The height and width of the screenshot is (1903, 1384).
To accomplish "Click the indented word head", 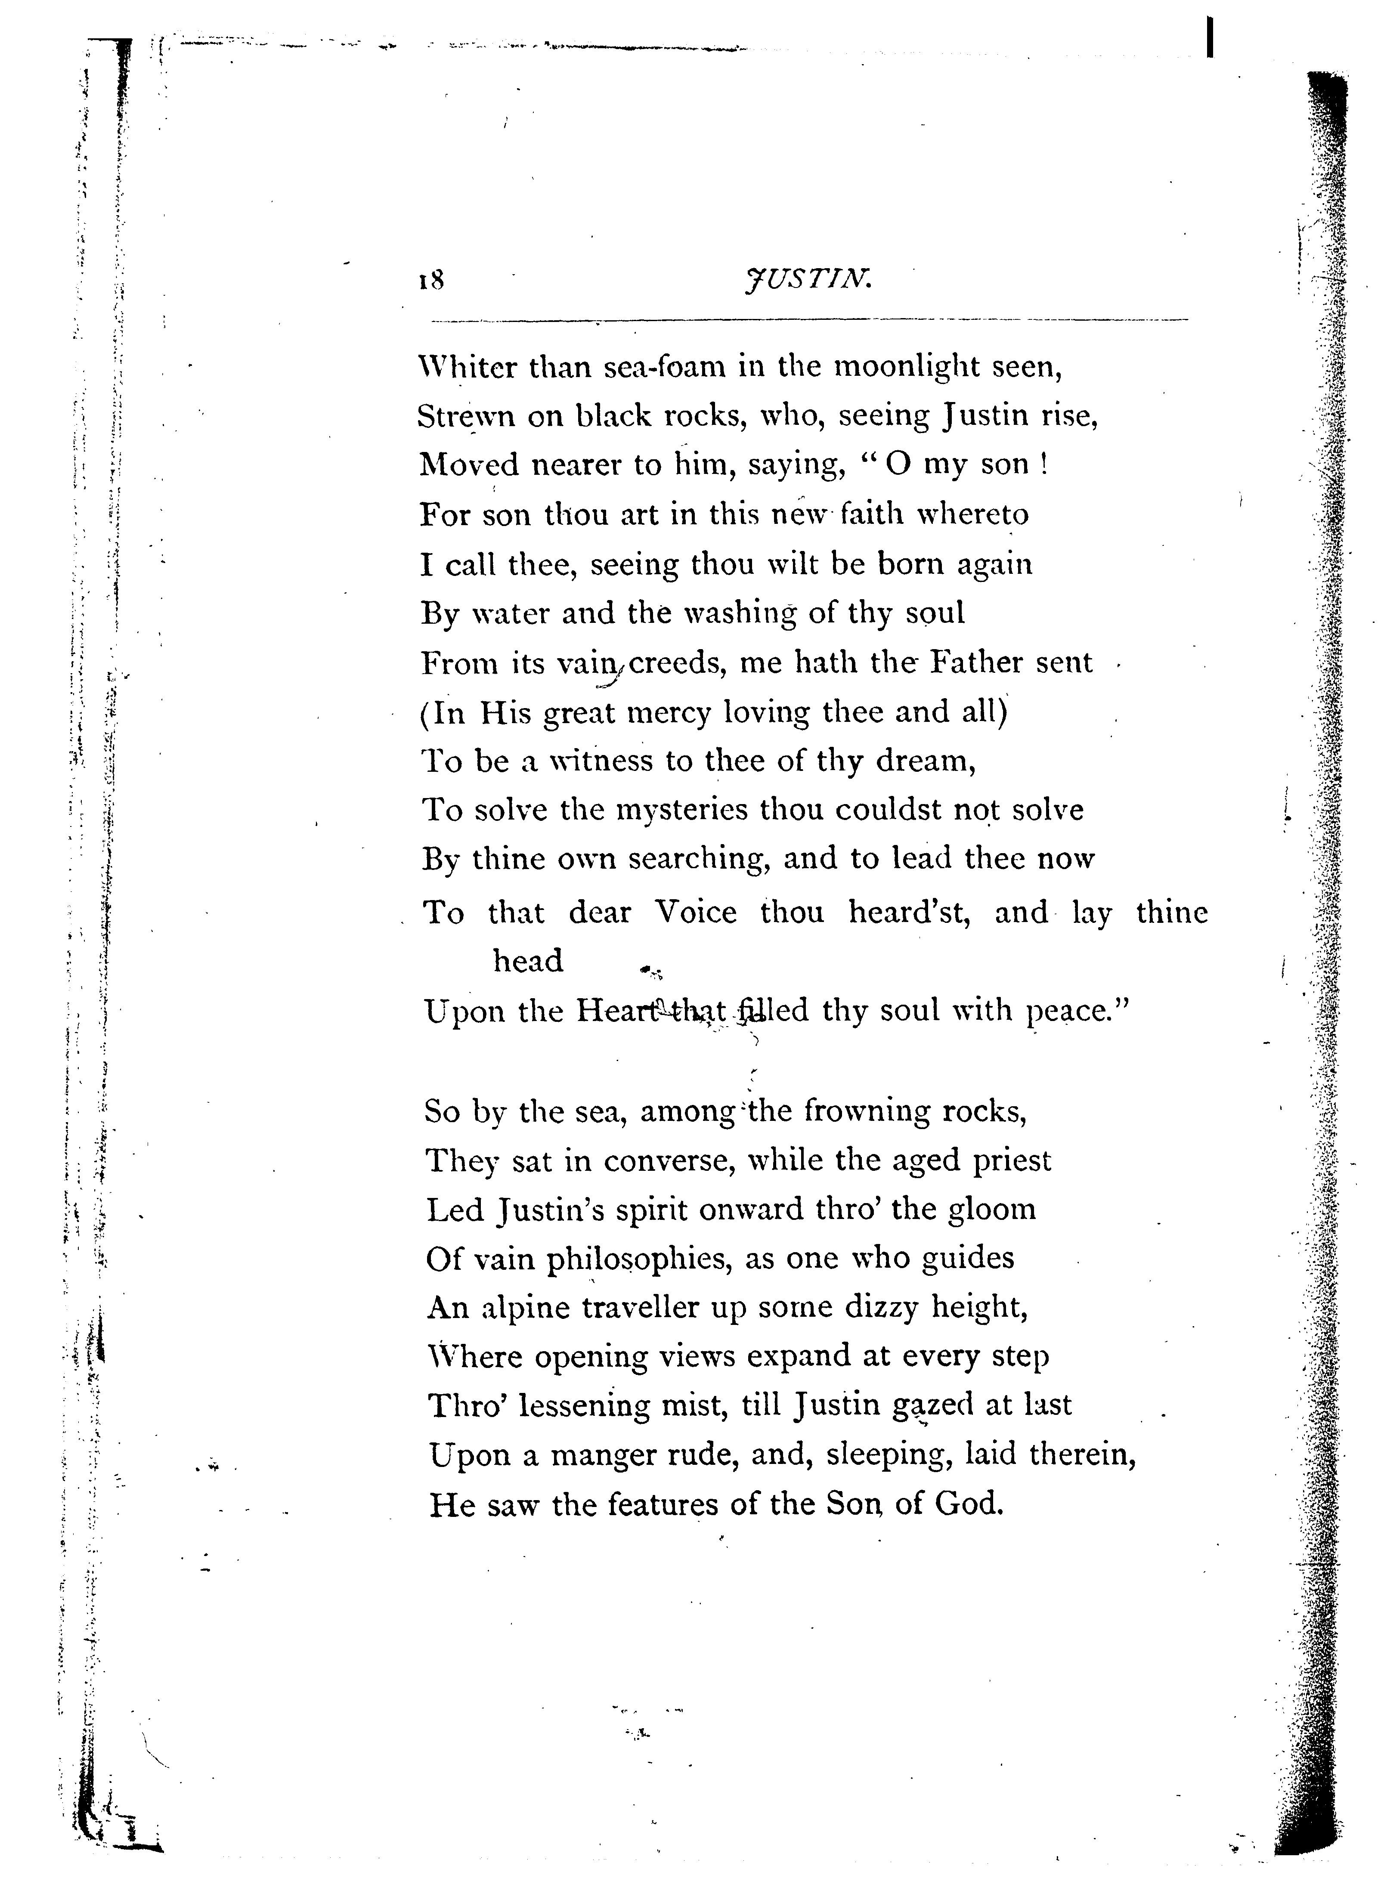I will (x=528, y=961).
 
